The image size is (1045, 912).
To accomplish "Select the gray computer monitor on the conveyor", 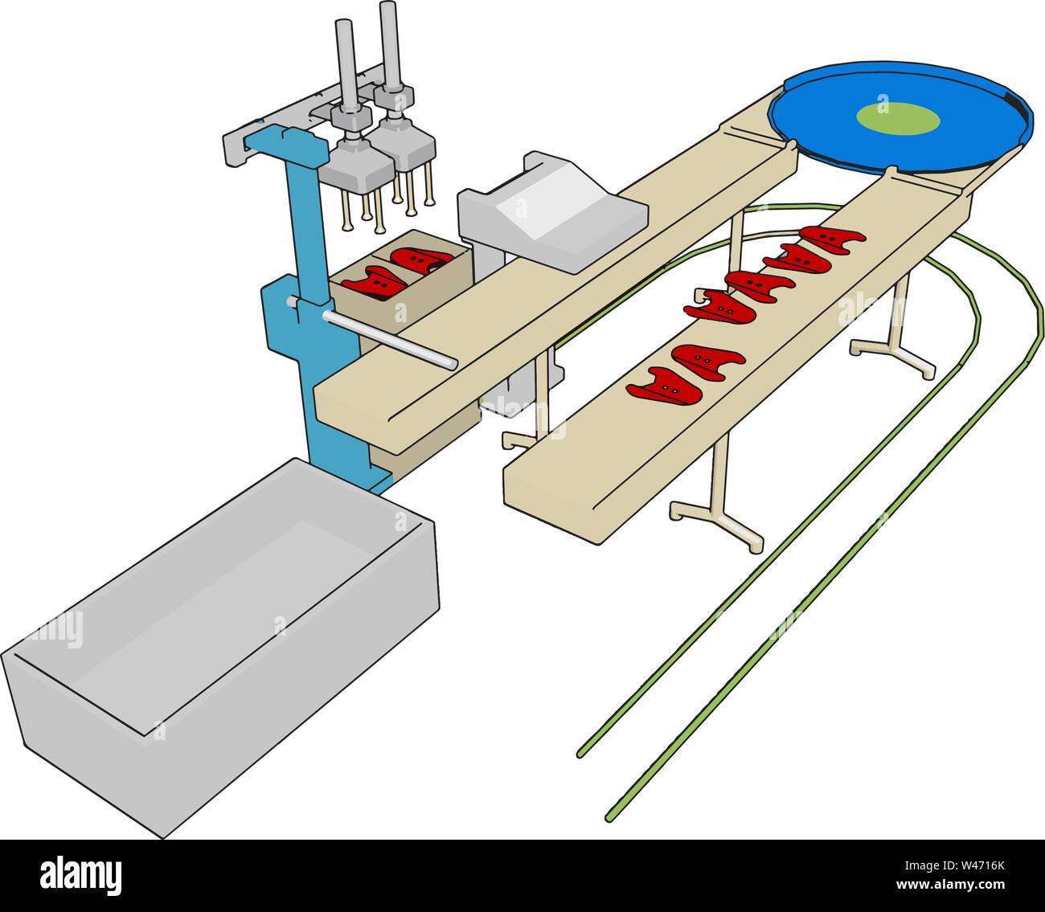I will tap(553, 211).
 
